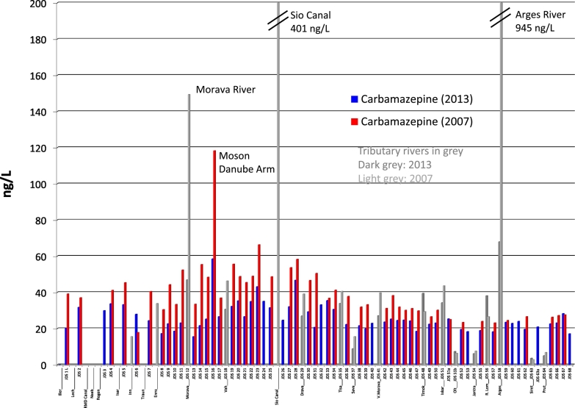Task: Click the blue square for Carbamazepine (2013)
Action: [354, 98]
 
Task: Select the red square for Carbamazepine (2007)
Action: [354, 121]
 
